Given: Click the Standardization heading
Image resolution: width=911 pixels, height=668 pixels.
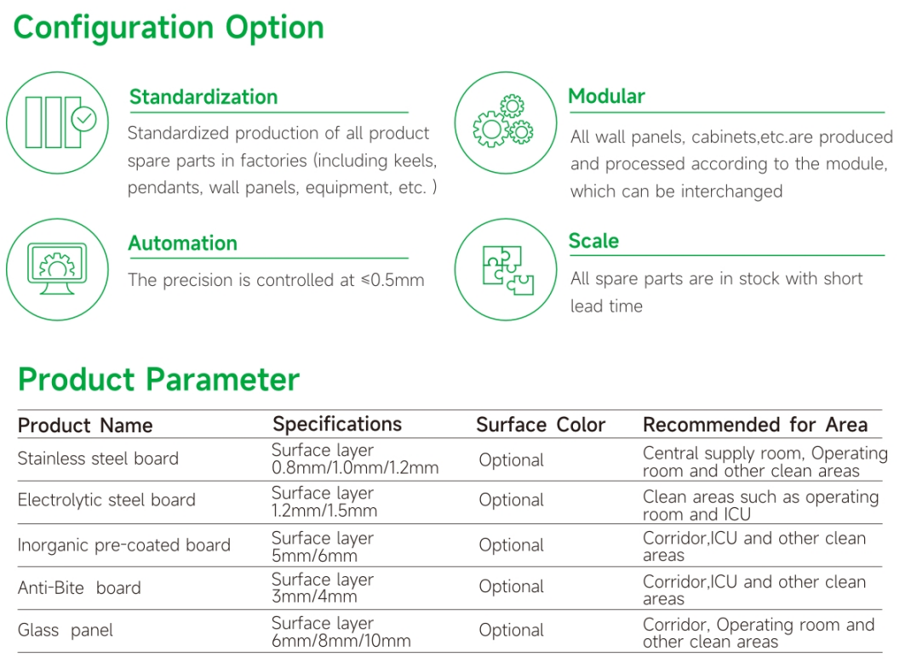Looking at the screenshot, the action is click(203, 97).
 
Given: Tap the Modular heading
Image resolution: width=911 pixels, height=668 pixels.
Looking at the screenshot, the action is click(606, 96).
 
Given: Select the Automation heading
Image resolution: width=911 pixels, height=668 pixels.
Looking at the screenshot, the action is click(183, 243).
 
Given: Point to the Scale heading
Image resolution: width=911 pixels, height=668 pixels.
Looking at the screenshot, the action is click(593, 241).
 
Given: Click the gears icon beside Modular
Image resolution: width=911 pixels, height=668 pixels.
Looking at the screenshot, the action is click(503, 122).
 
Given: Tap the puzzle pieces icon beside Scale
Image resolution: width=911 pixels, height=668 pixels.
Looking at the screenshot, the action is click(507, 270).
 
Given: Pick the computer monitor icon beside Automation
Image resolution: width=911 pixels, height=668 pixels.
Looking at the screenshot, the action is click(57, 269).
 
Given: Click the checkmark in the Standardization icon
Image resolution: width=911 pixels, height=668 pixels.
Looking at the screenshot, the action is click(83, 119).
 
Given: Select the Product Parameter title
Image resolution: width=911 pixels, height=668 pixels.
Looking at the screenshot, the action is click(158, 380).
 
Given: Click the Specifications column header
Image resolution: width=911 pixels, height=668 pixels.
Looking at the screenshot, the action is click(337, 424).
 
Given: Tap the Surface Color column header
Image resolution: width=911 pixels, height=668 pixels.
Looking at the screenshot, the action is click(541, 425).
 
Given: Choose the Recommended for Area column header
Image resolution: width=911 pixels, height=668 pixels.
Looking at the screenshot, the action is click(755, 425).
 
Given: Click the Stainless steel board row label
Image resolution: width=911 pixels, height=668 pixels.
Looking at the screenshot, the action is click(98, 459).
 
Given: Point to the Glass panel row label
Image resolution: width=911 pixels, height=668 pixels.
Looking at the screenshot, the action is click(65, 631).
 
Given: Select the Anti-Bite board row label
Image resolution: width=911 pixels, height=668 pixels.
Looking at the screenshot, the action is click(79, 588).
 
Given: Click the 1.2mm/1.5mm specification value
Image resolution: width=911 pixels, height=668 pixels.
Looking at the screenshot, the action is click(324, 511).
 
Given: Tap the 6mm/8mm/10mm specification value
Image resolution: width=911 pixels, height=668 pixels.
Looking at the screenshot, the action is click(341, 641).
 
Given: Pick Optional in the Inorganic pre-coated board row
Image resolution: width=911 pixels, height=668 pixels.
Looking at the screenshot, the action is click(512, 545).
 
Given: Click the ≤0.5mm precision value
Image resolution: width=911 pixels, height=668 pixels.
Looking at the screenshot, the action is click(392, 280).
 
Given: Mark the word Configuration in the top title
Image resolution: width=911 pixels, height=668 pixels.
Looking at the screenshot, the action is click(113, 28).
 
